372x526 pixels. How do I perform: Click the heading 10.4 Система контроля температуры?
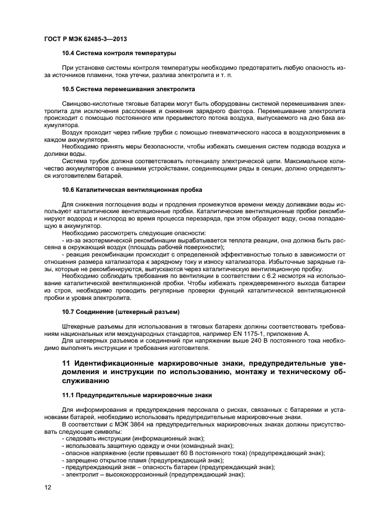[x=119, y=53]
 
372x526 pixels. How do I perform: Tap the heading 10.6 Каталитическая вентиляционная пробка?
[x=132, y=190]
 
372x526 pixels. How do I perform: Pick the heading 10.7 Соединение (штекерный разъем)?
[x=120, y=311]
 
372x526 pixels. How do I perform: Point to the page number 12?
[x=47, y=487]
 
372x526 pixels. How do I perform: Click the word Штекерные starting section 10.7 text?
[x=80, y=326]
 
